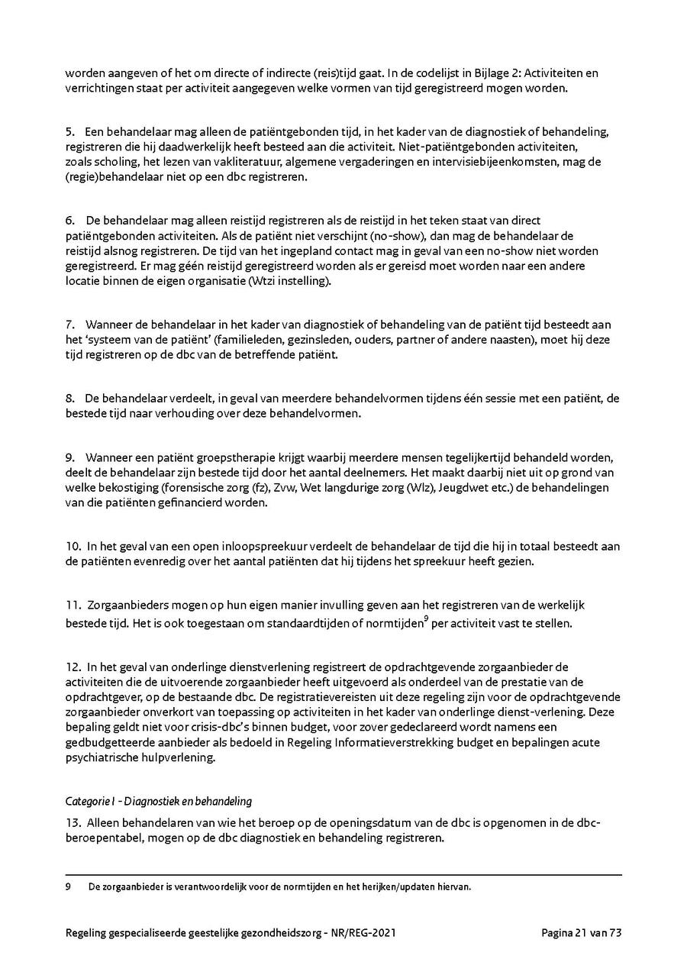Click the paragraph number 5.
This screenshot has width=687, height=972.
click(x=69, y=132)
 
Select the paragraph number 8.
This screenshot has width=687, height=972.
click(x=69, y=398)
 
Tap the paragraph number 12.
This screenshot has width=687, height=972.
click(x=73, y=667)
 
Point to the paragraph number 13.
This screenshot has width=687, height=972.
click(x=73, y=825)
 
